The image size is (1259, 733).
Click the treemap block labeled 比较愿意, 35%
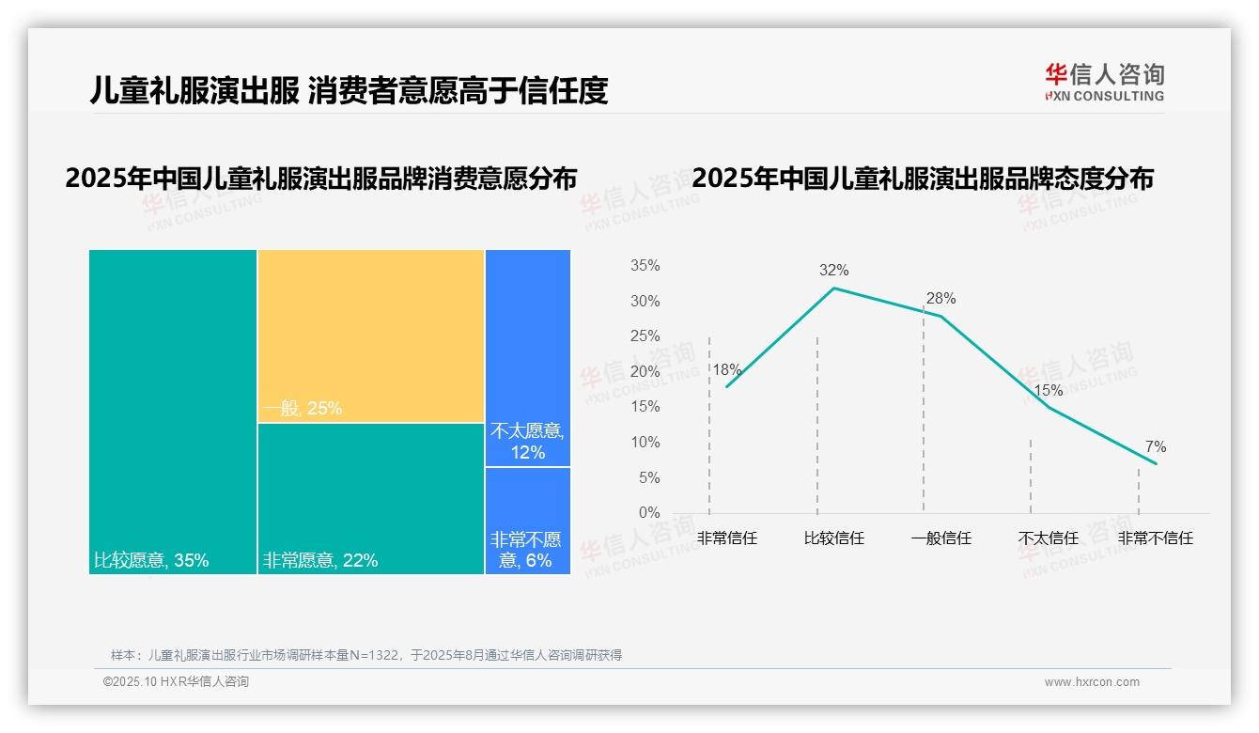point(173,412)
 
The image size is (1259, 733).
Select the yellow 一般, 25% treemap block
point(371,335)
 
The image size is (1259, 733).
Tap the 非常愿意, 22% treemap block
point(371,498)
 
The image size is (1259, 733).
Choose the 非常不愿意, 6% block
point(528,520)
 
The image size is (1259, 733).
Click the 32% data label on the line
point(833,271)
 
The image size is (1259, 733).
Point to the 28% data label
point(940,299)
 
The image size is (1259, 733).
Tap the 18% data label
point(726,370)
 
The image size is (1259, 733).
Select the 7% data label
point(1156,447)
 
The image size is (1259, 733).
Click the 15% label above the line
point(1048,391)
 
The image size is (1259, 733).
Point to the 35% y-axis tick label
point(645,266)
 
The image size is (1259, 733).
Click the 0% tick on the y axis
point(649,513)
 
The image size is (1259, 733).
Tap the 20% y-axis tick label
point(645,372)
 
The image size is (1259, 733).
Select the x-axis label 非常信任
point(727,538)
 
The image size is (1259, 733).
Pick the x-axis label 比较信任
point(834,538)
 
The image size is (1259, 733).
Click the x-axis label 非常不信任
point(1155,538)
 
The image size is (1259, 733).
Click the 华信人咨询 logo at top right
point(1104,82)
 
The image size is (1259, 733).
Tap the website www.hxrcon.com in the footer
point(1092,682)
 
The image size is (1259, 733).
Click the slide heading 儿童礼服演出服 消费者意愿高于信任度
point(349,90)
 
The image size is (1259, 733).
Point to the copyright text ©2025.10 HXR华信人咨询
point(176,682)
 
